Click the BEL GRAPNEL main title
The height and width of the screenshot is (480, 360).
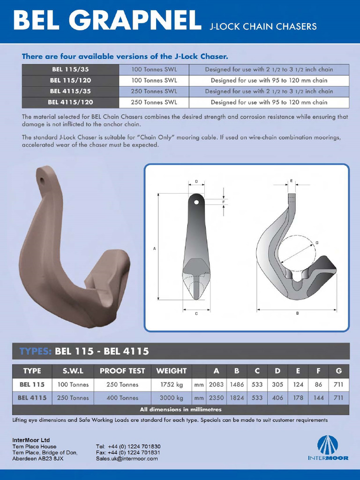[105, 21]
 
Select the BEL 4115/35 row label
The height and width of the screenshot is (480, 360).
[70, 91]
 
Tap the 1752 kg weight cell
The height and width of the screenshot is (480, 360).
[171, 385]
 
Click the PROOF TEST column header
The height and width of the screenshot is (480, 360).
[122, 371]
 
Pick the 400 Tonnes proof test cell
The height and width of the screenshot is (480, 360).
[122, 398]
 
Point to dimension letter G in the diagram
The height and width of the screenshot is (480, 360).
[317, 242]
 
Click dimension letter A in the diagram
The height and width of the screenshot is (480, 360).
[155, 248]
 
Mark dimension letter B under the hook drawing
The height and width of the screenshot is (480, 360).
[297, 313]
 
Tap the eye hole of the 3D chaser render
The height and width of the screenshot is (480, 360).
[42, 180]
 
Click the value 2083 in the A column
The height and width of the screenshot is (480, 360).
[216, 385]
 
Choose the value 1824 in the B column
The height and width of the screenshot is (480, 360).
[237, 398]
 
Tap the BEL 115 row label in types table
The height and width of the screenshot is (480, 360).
[32, 385]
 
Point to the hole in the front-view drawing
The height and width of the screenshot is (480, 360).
[196, 202]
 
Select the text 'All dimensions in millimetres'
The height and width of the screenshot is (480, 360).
[180, 410]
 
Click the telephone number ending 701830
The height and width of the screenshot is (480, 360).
[128, 447]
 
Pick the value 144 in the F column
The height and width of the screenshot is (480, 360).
[318, 398]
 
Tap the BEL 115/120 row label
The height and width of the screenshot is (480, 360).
[70, 80]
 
